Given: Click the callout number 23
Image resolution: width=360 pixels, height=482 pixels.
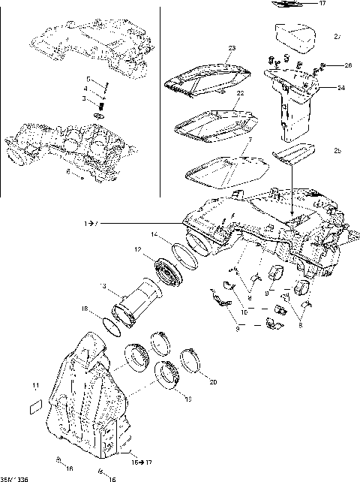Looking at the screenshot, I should tap(232, 49).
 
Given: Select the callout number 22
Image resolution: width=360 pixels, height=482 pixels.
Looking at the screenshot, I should tap(241, 94).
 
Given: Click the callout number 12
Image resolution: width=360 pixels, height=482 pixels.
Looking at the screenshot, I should tap(138, 249).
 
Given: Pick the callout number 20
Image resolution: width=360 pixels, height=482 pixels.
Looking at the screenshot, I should tap(213, 382).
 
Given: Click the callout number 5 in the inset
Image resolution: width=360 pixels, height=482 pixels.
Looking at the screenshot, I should tap(88, 79).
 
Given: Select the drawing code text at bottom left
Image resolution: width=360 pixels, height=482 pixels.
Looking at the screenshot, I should tap(13, 477).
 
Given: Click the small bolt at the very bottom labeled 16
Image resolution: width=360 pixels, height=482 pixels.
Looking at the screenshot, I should tap(100, 471).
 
